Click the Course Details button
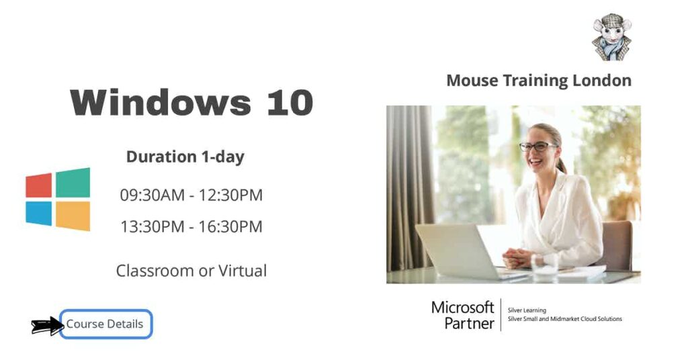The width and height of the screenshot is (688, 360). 105,324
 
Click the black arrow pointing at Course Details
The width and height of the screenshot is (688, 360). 47,326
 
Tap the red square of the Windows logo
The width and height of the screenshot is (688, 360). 39,185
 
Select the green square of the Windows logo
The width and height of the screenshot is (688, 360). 73,183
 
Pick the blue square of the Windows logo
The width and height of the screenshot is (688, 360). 39,214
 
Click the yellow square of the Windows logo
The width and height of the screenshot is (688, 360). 73,216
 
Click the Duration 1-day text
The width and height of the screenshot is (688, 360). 185,157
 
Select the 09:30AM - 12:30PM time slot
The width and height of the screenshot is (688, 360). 191,195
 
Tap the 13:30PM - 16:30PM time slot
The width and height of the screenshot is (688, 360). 191,227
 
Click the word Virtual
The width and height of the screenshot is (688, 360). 243,271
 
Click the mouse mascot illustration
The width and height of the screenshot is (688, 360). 611,37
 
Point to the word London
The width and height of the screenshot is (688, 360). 601,81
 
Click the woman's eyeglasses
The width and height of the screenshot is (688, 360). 538,146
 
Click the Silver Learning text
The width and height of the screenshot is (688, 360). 527,310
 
